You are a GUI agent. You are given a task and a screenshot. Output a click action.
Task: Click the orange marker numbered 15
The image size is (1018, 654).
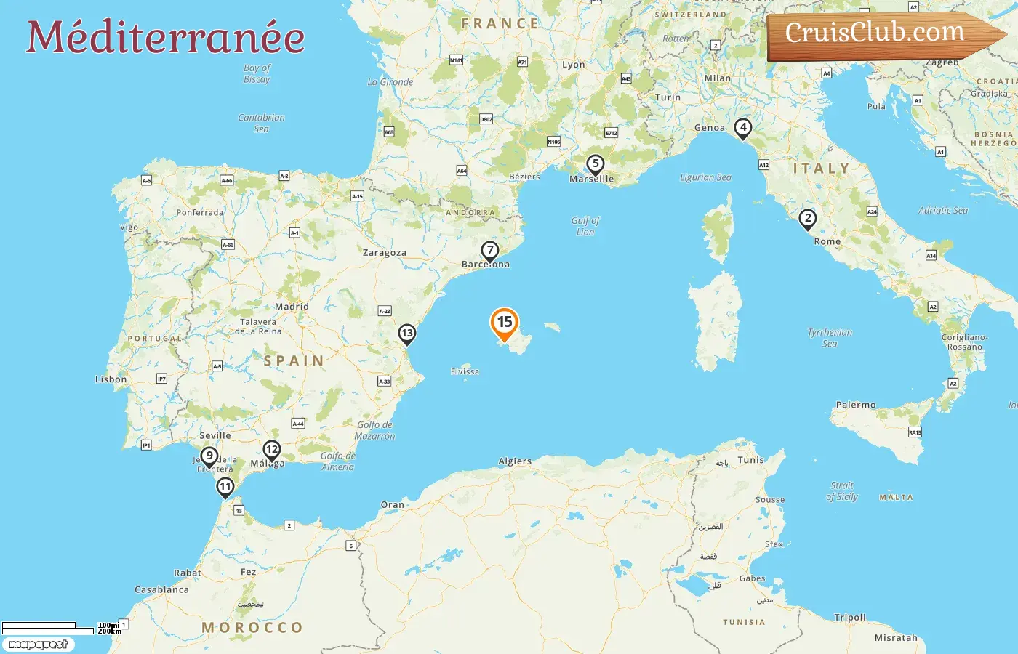pos(505,323)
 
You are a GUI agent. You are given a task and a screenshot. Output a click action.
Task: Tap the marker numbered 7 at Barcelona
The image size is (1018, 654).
pos(490,251)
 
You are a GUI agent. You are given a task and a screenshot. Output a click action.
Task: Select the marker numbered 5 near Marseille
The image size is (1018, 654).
pos(596,165)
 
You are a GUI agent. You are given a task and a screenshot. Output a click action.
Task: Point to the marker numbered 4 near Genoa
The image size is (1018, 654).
pos(742,128)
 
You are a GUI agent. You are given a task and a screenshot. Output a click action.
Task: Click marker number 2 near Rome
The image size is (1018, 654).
pos(807,219)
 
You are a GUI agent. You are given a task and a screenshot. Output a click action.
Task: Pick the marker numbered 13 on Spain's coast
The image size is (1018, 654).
pos(406,334)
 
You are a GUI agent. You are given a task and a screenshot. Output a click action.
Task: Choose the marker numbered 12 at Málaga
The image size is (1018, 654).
pos(272,451)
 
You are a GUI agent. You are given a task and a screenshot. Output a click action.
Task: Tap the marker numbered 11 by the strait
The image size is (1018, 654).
pos(225,488)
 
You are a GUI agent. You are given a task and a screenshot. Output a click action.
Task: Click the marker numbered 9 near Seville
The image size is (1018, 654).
pos(209,457)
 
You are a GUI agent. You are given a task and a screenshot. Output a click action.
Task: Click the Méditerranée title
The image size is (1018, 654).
pos(166,38)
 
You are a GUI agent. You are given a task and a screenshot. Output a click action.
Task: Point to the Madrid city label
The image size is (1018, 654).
pos(292,307)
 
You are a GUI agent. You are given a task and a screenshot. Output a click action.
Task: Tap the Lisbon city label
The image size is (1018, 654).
pos(111,379)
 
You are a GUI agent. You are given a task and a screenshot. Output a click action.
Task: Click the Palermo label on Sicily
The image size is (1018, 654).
pos(856,405)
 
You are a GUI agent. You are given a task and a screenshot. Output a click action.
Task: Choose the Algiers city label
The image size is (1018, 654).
pos(515,461)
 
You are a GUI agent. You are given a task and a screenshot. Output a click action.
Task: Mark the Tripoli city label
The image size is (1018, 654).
pos(850,618)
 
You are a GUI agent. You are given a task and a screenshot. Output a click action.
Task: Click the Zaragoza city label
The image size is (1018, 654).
pos(385,253)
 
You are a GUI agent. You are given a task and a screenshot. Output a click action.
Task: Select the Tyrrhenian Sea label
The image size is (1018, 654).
pos(830,338)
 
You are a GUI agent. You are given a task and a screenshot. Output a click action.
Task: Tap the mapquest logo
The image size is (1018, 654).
pos(38,645)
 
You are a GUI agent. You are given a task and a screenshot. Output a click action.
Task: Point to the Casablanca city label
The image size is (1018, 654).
pos(161,589)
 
